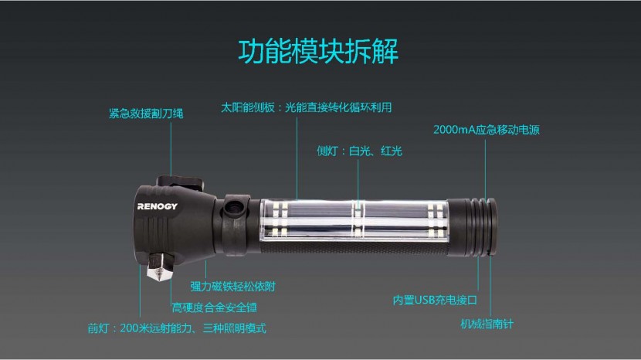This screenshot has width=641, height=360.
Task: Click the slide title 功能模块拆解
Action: (317, 50)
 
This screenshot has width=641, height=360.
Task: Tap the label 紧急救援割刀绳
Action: (145, 114)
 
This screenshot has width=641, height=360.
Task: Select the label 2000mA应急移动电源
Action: (486, 130)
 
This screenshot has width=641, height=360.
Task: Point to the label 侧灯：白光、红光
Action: (359, 151)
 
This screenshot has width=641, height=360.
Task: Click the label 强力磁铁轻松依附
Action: (232, 286)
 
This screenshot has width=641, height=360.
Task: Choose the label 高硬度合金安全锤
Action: (214, 307)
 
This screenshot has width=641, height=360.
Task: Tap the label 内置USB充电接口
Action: (435, 300)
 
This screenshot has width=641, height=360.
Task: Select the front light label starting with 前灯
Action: (176, 328)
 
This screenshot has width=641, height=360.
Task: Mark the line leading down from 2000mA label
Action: (487, 166)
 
